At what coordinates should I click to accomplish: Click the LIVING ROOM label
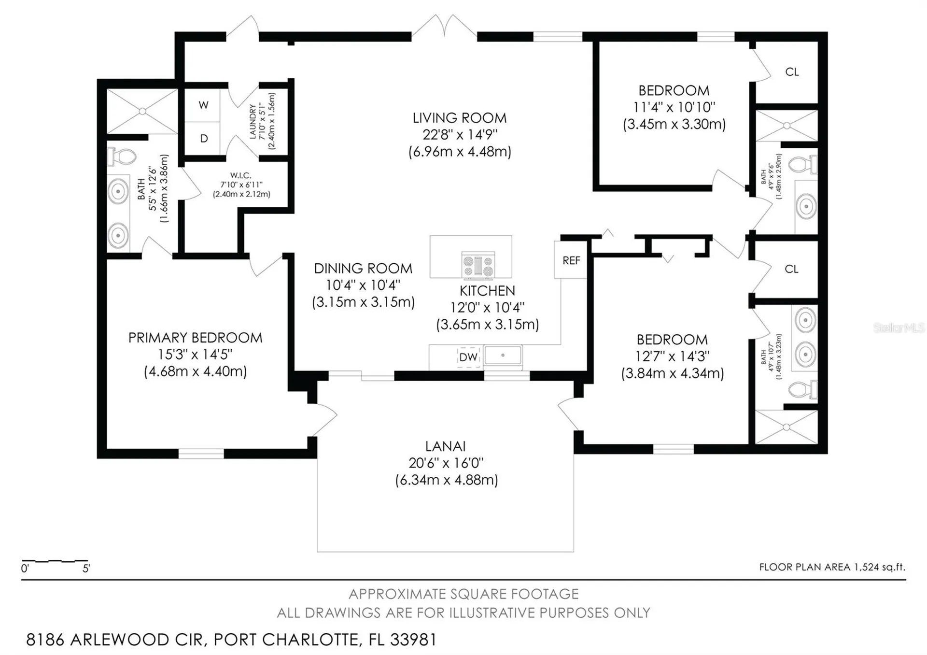[459, 118]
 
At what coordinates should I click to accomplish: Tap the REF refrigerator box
[571, 260]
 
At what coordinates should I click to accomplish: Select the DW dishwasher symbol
[468, 357]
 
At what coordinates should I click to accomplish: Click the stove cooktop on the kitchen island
[478, 265]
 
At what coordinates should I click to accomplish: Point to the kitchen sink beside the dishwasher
[503, 356]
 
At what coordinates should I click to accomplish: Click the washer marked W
[204, 105]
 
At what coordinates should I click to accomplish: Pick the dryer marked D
[204, 139]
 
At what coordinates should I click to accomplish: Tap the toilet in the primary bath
[122, 156]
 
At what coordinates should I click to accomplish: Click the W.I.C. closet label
[240, 175]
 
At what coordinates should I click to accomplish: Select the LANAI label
[445, 446]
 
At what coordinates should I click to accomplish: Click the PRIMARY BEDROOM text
[196, 338]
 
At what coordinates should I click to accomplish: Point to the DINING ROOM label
[363, 269]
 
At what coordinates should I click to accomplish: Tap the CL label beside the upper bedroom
[792, 72]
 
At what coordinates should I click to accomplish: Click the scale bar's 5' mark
[86, 569]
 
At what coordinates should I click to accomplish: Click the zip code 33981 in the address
[413, 640]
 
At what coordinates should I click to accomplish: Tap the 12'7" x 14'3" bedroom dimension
[672, 356]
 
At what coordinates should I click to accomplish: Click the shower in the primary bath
[142, 111]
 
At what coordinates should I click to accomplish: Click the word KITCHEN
[487, 291]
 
